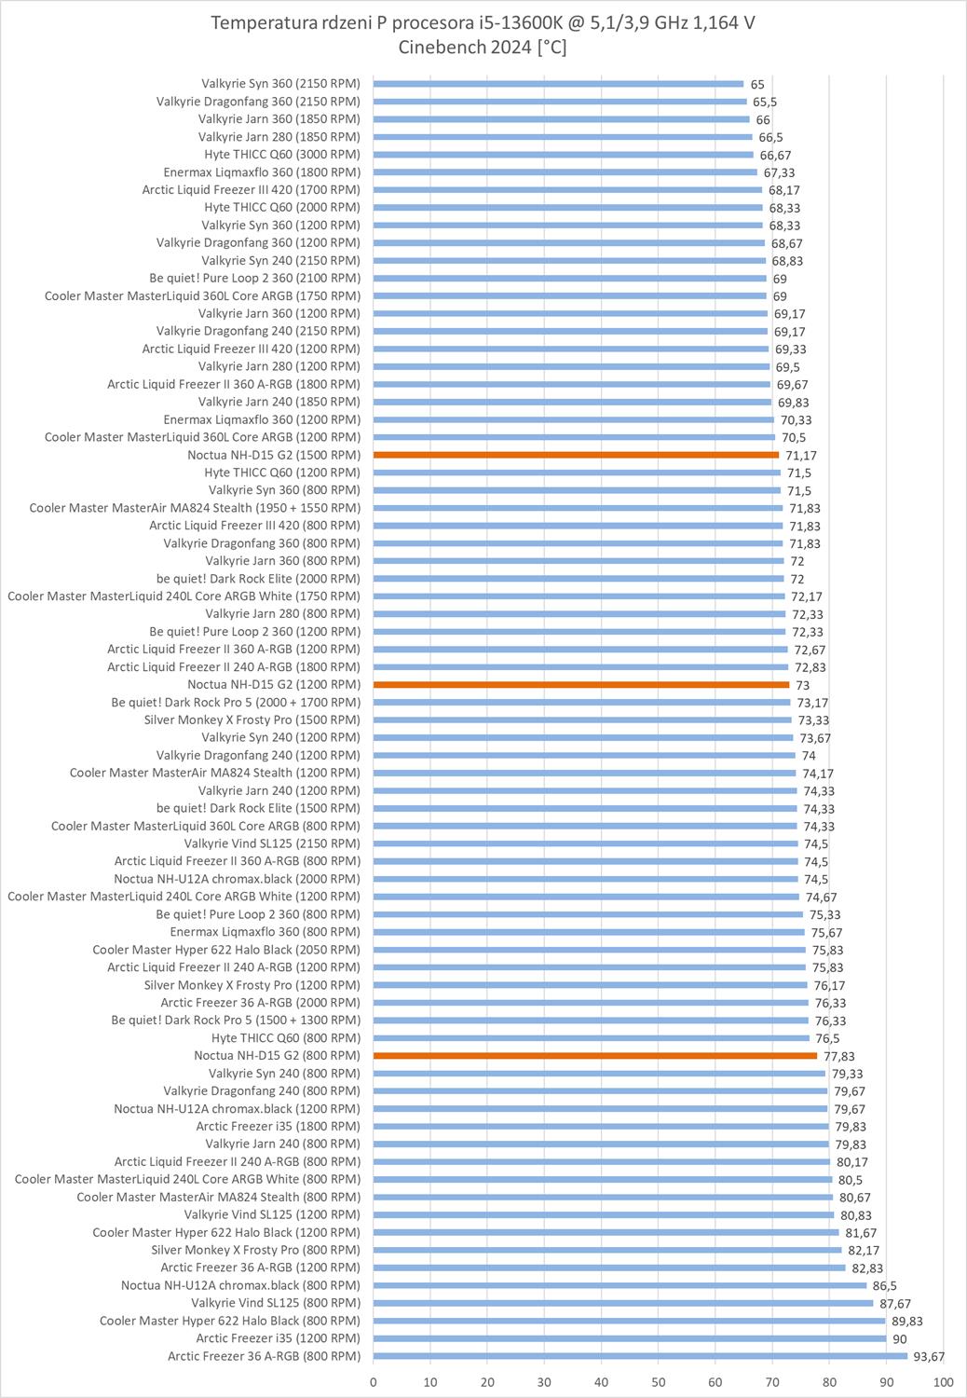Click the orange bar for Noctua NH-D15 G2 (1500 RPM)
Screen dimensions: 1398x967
pos(576,455)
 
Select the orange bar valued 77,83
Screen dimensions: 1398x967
pos(594,1056)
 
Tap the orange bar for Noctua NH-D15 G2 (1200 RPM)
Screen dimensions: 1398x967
pos(581,685)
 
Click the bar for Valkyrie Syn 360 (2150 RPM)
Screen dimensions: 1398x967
pos(558,84)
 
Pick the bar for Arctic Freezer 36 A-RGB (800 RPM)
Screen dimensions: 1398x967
pos(639,1356)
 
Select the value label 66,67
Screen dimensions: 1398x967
pos(775,155)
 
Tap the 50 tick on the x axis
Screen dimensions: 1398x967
pos(659,1382)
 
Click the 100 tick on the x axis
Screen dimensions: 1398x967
pos(943,1382)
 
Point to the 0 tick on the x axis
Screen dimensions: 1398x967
pos(374,1382)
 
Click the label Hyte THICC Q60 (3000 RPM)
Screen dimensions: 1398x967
pos(281,155)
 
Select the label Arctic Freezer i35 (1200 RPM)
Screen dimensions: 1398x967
pos(278,1338)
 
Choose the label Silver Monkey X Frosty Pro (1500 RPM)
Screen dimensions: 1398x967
pos(252,720)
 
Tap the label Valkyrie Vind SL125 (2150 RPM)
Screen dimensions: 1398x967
pos(272,843)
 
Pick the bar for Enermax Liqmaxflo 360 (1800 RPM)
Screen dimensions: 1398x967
pos(565,172)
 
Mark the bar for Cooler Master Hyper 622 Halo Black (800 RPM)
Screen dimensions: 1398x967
pos(629,1321)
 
